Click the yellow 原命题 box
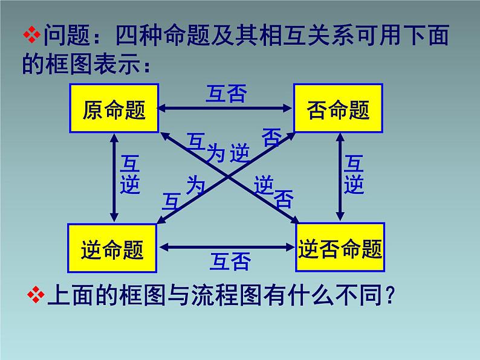click(x=114, y=109)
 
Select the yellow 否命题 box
click(x=339, y=109)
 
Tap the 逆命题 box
click(x=112, y=248)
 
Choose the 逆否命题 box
click(x=340, y=248)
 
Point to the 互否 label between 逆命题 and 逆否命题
click(x=230, y=262)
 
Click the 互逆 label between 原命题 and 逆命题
click(x=129, y=176)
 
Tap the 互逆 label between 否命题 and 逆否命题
click(x=354, y=176)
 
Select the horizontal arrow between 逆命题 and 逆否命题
click(x=226, y=246)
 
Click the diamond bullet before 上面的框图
click(x=37, y=295)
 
